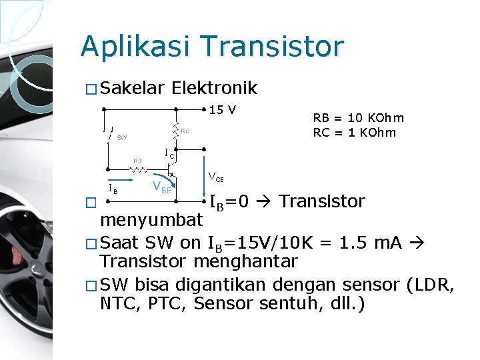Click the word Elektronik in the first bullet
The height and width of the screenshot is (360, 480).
coord(214,89)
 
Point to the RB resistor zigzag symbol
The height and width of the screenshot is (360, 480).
coord(139,170)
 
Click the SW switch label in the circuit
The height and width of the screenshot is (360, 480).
coord(122,139)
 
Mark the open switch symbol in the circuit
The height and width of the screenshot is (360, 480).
coord(108,135)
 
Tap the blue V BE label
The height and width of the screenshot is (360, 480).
coord(162,187)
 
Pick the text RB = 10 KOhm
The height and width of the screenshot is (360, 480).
coord(359,119)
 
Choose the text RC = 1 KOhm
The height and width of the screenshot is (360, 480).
coord(355,132)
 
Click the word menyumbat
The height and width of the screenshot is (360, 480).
coord(151,220)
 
